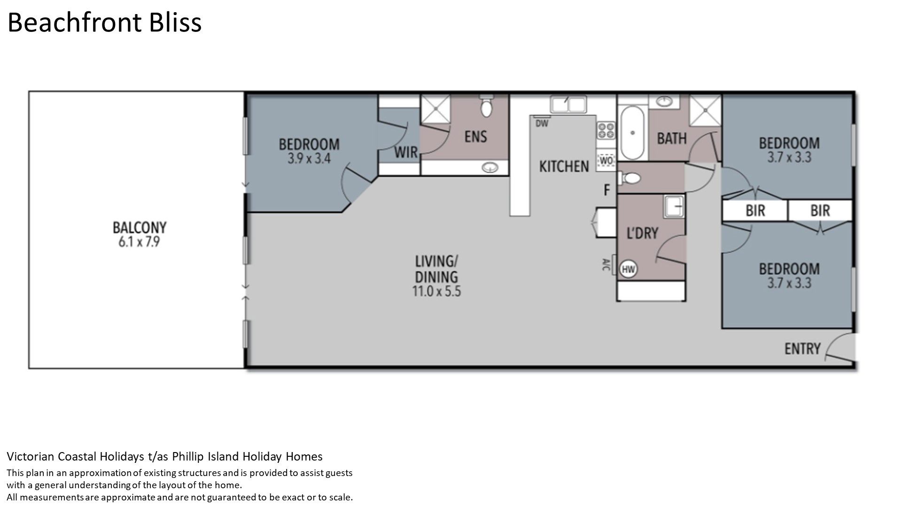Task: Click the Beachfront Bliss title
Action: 104,23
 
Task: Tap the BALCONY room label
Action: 140,228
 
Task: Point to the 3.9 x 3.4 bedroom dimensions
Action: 309,159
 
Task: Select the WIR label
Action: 406,152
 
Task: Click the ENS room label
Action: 475,137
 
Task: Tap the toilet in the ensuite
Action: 486,107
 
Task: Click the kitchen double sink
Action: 568,104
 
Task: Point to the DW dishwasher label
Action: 542,123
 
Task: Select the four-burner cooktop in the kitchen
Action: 606,130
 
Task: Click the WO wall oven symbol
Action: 607,161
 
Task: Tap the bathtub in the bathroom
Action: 632,133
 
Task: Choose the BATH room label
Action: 671,138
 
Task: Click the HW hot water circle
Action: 628,269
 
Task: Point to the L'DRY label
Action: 643,233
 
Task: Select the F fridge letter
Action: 607,190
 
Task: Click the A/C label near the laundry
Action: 606,265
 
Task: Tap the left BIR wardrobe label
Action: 755,210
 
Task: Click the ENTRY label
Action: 802,348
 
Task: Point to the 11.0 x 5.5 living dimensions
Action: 436,291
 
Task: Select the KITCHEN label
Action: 564,166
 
